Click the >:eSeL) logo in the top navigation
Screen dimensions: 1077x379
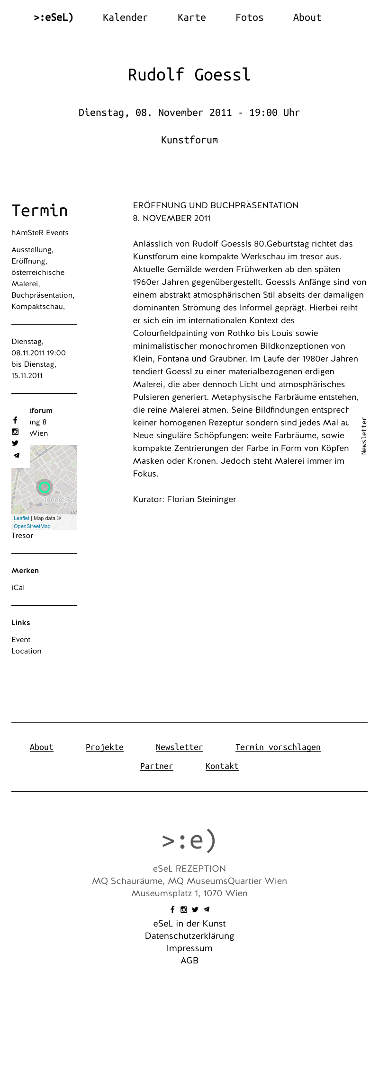point(54,18)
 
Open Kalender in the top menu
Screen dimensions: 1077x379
point(125,18)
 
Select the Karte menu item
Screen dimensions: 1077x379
point(191,18)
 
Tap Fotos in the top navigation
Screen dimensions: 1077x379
point(249,18)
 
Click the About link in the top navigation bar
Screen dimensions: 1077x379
point(307,18)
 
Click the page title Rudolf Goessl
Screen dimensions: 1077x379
point(189,75)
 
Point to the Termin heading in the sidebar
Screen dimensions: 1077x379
point(40,211)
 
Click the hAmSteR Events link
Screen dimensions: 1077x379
point(40,233)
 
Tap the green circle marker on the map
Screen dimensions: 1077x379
point(45,487)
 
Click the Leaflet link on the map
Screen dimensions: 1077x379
point(21,518)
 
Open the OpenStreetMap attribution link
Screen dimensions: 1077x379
point(32,526)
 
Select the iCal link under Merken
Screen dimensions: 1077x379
point(18,588)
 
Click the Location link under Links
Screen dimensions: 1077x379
point(27,651)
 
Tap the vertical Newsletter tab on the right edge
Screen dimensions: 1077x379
point(364,436)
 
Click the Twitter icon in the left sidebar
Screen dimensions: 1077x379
point(15,443)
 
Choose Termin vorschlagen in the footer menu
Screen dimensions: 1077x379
point(278,747)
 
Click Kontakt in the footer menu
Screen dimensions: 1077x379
point(222,766)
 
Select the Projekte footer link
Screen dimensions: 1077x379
point(104,747)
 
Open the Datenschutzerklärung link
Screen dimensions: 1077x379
point(189,936)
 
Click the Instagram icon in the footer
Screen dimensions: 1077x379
point(184,909)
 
